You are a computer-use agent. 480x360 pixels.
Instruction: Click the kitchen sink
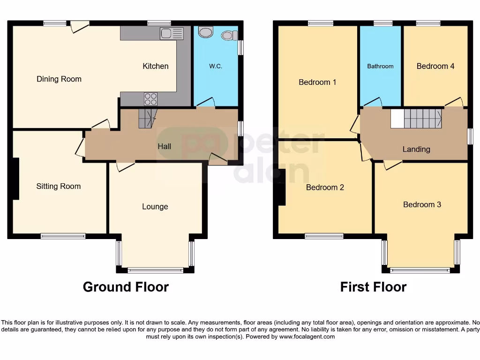pos(172,33)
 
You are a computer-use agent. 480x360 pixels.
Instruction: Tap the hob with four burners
pos(151,99)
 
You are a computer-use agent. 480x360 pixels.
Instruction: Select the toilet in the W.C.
pos(229,35)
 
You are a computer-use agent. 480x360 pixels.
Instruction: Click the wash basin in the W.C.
pos(205,32)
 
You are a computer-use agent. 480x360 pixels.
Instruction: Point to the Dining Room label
pos(59,79)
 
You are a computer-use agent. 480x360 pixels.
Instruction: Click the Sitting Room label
pos(59,187)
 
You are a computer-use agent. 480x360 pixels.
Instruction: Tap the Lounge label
pos(155,207)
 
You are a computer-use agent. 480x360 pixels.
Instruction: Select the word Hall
pos(164,147)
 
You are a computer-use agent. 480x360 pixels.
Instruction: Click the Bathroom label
pos(380,67)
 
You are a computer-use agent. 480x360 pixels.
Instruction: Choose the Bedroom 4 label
pos(435,66)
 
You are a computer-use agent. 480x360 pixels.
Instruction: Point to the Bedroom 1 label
pos(317,82)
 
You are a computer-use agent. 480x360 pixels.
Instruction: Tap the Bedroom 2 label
pos(325,187)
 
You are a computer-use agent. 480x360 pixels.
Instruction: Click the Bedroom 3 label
pos(422,204)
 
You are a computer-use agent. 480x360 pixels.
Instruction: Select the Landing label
pos(416,150)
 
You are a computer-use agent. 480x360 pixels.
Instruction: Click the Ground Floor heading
pos(126,287)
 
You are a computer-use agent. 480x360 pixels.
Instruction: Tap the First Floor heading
pos(373,287)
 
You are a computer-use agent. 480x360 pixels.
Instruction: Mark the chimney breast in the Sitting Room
pos(15,179)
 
